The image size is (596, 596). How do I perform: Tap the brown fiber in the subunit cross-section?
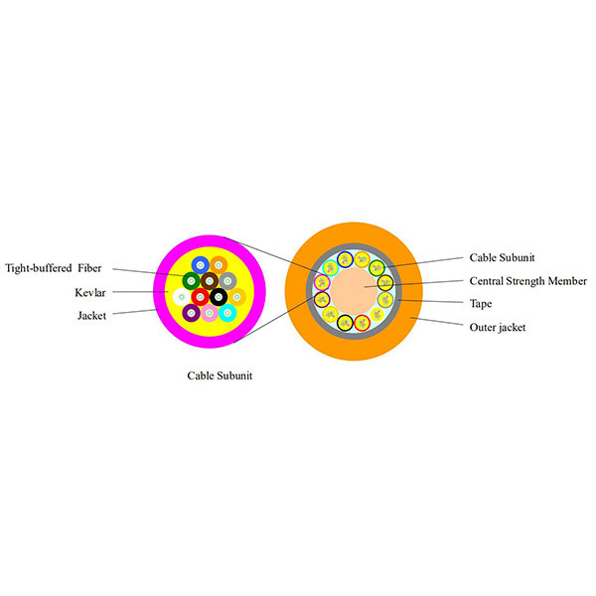click(210, 280)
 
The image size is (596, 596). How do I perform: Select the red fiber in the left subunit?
click(201, 296)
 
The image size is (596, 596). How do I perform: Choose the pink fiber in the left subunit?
click(210, 313)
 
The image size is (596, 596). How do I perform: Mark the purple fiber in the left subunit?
click(191, 313)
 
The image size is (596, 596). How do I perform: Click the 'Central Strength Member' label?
click(527, 281)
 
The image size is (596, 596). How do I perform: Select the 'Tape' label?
click(481, 303)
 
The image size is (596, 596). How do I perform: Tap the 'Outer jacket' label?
click(498, 326)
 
